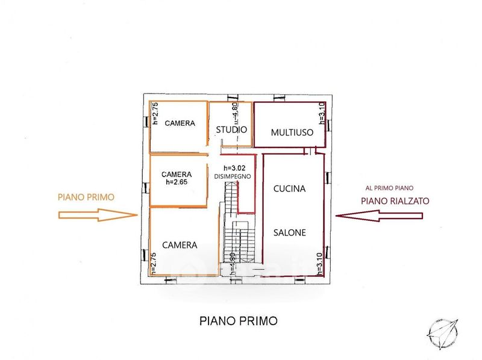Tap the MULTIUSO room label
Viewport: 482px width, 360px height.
(292, 132)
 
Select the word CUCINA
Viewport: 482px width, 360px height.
(290, 188)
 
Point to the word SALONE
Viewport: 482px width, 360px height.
(290, 232)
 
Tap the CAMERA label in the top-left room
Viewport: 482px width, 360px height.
(180, 123)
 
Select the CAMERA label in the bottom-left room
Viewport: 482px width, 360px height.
(180, 244)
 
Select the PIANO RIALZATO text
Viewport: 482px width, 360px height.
(395, 201)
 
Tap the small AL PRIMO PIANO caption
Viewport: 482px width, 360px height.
(395, 188)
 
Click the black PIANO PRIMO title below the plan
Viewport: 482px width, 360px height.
(239, 321)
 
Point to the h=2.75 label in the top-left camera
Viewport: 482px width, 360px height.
(154, 113)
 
